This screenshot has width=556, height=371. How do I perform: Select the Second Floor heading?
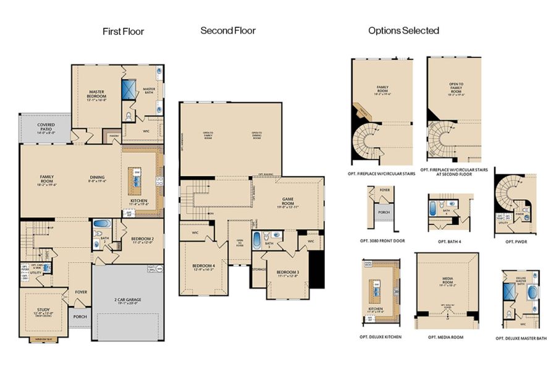point(228,30)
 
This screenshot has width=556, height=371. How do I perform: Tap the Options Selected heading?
point(403,30)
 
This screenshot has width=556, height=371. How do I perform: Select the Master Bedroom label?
point(97,95)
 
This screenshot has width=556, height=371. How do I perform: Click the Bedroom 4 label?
point(204,267)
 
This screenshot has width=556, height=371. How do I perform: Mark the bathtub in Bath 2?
point(100,224)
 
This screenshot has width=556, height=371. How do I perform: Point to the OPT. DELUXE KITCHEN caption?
point(379,337)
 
